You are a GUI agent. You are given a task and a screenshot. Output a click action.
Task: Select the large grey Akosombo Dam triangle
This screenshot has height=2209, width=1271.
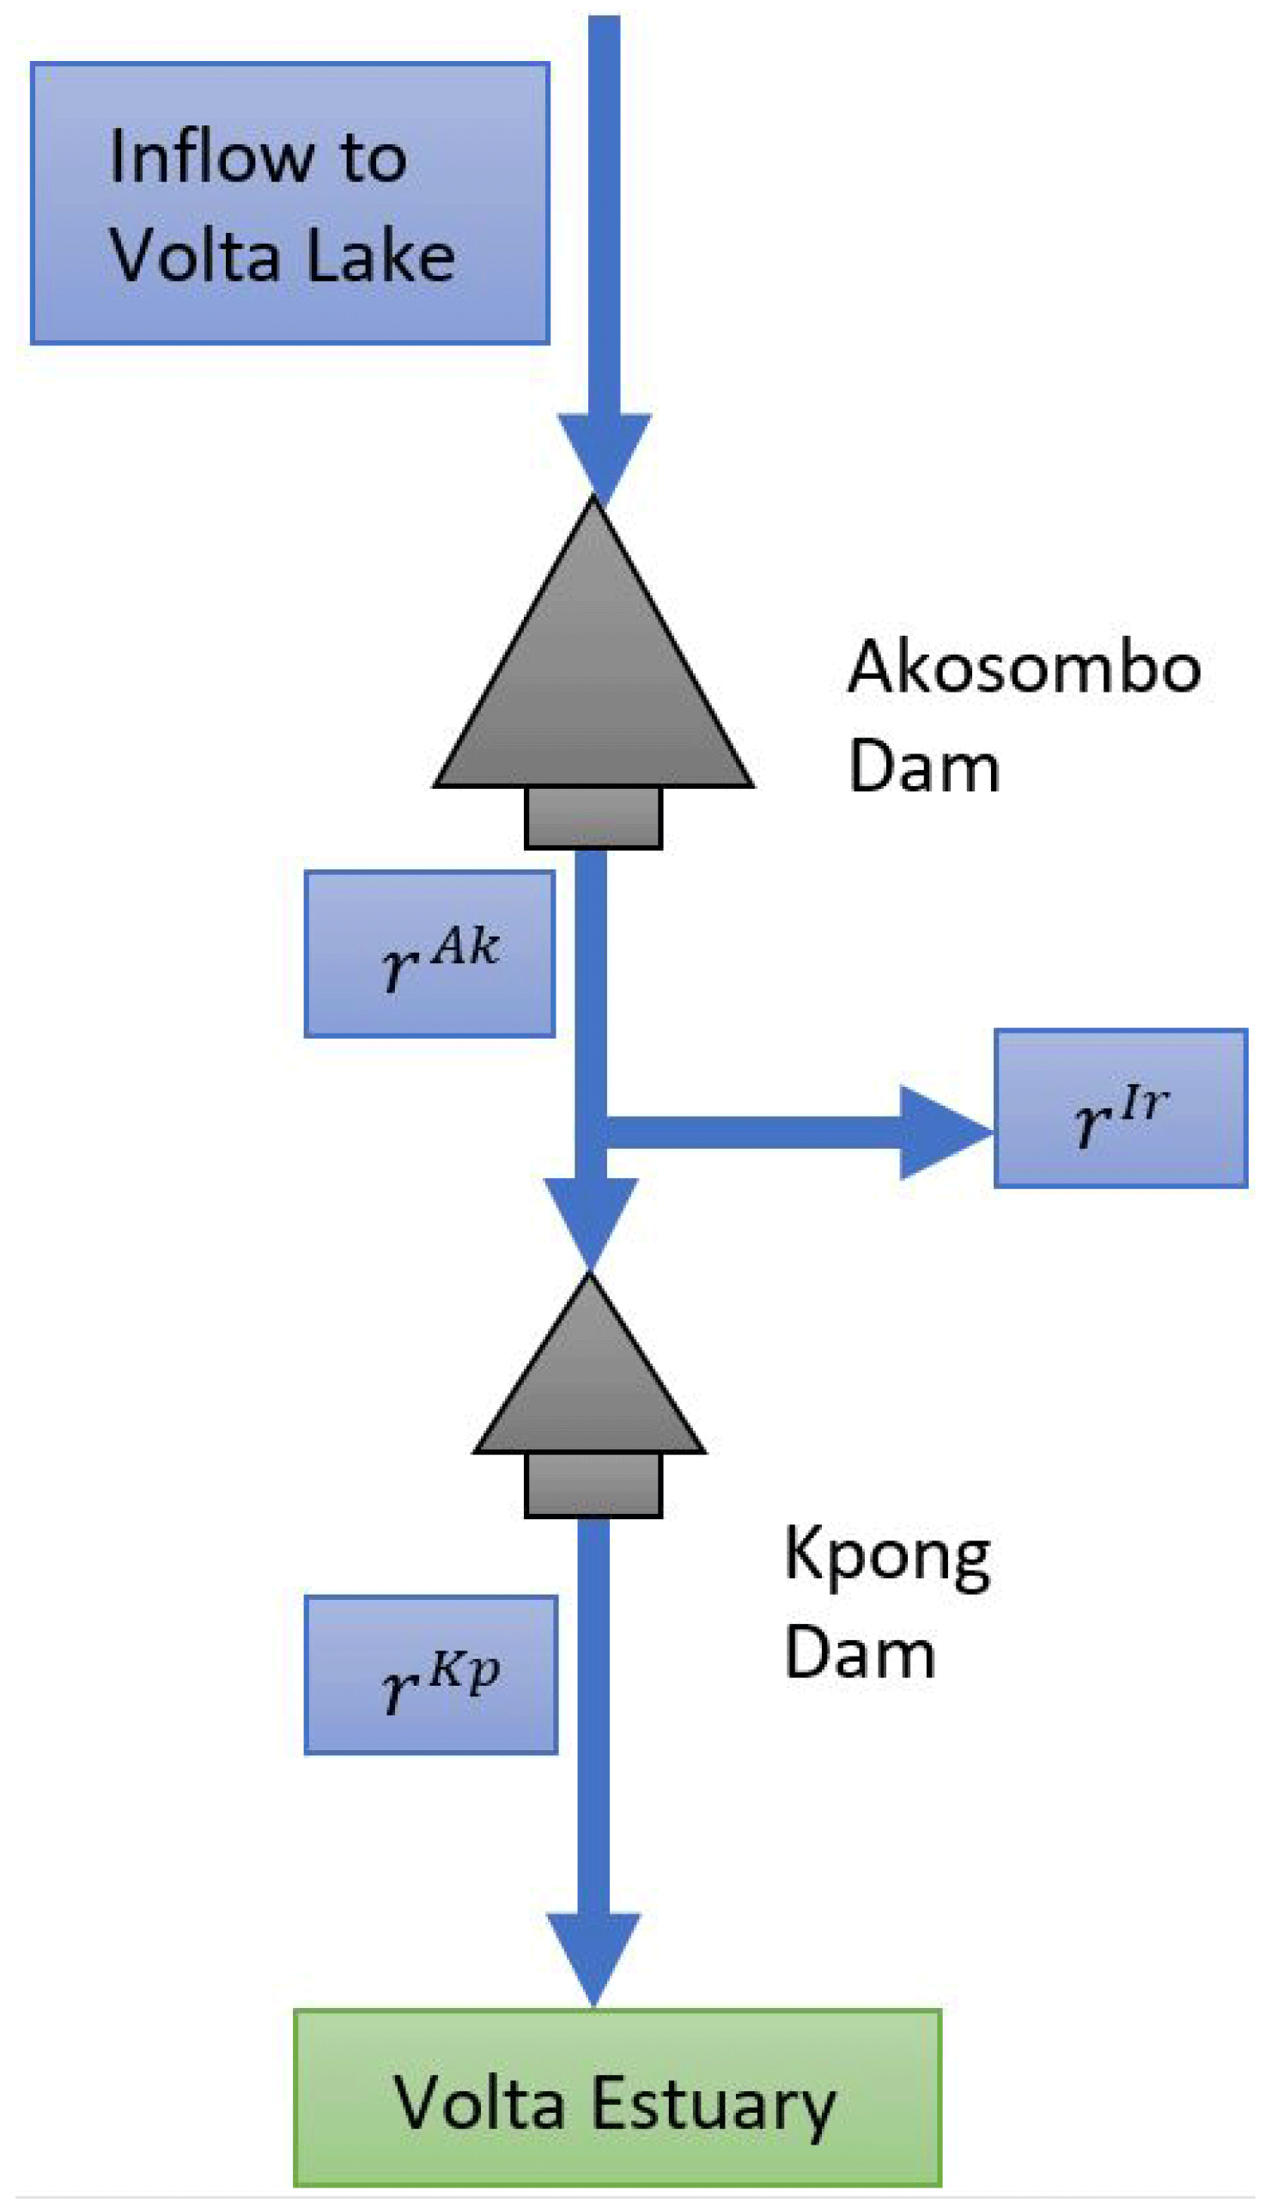tap(593, 681)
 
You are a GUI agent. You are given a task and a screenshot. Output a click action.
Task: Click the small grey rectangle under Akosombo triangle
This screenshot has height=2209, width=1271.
tap(593, 817)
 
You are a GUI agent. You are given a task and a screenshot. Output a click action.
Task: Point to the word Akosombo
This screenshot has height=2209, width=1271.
tap(1024, 668)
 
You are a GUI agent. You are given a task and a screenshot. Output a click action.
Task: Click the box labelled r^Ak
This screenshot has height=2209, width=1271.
tap(429, 954)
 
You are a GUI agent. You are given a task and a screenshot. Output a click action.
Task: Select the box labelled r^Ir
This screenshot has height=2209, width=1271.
tap(1121, 1108)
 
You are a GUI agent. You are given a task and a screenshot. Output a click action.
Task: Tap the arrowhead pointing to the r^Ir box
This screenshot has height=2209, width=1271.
tap(943, 1132)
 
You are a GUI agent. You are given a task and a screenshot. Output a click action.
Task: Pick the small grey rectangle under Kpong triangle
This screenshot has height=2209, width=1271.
tap(593, 1485)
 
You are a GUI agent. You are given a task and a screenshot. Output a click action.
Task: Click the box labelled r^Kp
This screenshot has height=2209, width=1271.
tap(430, 1675)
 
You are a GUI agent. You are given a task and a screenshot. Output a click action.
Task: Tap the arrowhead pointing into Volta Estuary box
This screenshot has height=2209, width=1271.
tap(593, 1956)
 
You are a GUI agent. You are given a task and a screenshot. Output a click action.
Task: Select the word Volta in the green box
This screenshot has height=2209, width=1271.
tap(479, 2104)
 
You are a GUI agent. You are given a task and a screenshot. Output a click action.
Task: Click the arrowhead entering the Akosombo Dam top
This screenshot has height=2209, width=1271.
tap(604, 454)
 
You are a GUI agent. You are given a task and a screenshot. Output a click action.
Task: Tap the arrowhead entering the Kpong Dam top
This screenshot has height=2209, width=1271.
tap(591, 1218)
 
